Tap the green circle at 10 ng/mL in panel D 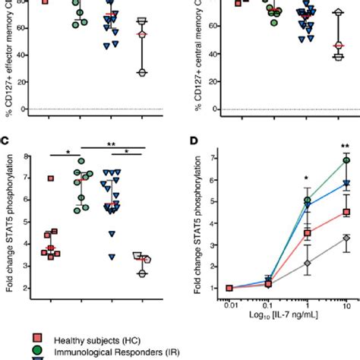tap(346, 160)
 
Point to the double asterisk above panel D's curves tap(346, 146)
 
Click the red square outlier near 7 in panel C tap(51, 178)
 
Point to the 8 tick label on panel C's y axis tap(27, 157)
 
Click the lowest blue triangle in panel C tap(112, 257)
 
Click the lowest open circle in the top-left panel tap(141, 72)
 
